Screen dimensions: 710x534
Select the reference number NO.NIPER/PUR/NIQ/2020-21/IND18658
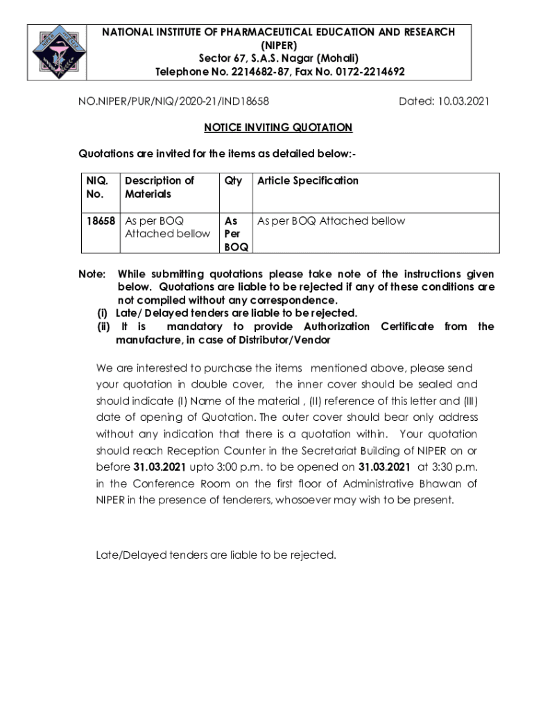tap(173, 101)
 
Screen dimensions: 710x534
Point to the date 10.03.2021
tap(463, 101)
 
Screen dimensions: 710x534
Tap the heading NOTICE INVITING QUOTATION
tap(277, 128)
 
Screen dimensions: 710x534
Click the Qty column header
tap(233, 180)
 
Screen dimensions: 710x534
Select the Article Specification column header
tap(308, 180)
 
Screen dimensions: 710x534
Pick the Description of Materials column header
tap(160, 187)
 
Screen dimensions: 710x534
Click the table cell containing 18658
tap(101, 221)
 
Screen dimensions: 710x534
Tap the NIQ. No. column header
tap(98, 187)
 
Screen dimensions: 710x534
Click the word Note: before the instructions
tap(92, 274)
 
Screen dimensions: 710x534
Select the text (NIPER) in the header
tap(277, 45)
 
